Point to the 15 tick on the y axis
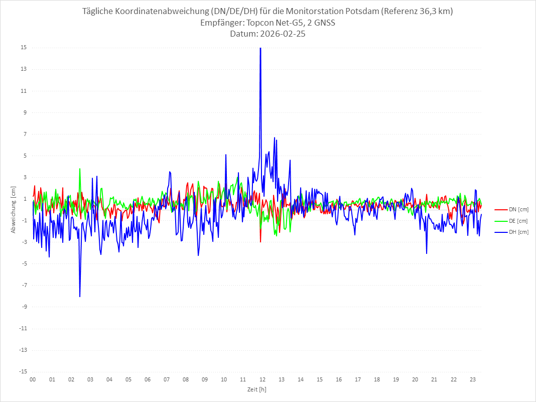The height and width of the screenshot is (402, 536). (x=24, y=48)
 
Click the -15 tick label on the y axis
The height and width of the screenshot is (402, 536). (x=23, y=371)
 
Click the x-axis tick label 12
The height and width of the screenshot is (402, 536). (x=262, y=379)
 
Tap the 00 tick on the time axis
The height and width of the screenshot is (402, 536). (x=33, y=379)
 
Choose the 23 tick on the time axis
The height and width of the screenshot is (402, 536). (x=472, y=379)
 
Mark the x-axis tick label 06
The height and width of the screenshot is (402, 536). (x=148, y=379)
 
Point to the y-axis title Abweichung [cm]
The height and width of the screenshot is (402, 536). (x=14, y=210)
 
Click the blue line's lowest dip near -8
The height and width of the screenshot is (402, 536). (x=80, y=296)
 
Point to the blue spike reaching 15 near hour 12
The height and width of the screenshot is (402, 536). (x=260, y=49)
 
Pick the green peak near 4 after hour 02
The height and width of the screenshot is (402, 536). (x=80, y=169)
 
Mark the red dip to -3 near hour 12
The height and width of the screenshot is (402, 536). (x=260, y=242)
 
